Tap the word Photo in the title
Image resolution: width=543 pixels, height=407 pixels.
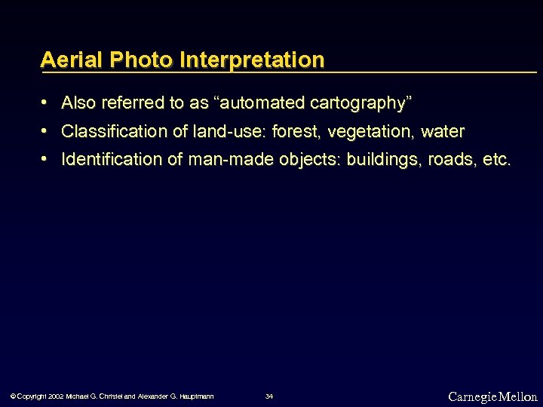pyautogui.click(x=133, y=60)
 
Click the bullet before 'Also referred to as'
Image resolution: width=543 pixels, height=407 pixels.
pyautogui.click(x=46, y=102)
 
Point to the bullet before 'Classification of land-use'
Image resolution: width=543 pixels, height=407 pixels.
pyautogui.click(x=46, y=131)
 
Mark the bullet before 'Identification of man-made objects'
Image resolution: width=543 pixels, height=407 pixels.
pyautogui.click(x=46, y=159)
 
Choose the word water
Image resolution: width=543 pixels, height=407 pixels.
pyautogui.click(x=443, y=132)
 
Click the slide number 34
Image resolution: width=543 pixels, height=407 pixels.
pyautogui.click(x=269, y=396)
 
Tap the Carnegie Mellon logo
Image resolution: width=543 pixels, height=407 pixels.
pyautogui.click(x=492, y=396)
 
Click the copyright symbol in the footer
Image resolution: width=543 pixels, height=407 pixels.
pyautogui.click(x=11, y=396)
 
